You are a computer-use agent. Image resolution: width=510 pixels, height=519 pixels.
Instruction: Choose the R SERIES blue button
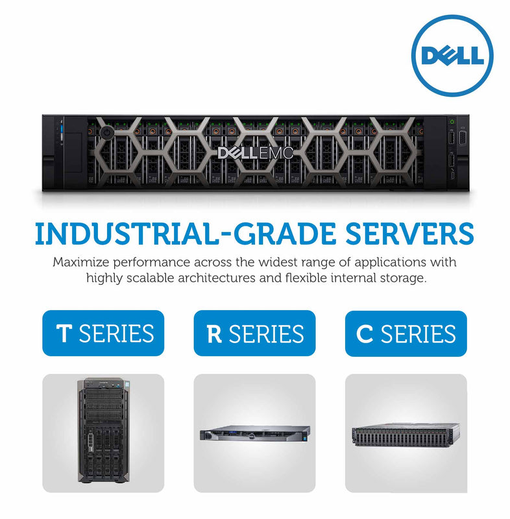click(x=254, y=333)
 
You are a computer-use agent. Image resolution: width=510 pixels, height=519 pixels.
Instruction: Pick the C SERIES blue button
click(x=406, y=333)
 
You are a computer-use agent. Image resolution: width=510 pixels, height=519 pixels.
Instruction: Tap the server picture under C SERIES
click(x=406, y=432)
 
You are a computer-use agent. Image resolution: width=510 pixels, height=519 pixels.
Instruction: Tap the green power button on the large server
click(x=452, y=121)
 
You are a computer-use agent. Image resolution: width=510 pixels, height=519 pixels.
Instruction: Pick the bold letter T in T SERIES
click(x=64, y=334)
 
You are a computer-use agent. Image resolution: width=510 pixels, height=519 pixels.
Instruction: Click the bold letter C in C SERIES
click(x=365, y=334)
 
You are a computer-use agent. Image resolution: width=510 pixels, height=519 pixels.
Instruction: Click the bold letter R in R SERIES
click(x=214, y=334)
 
